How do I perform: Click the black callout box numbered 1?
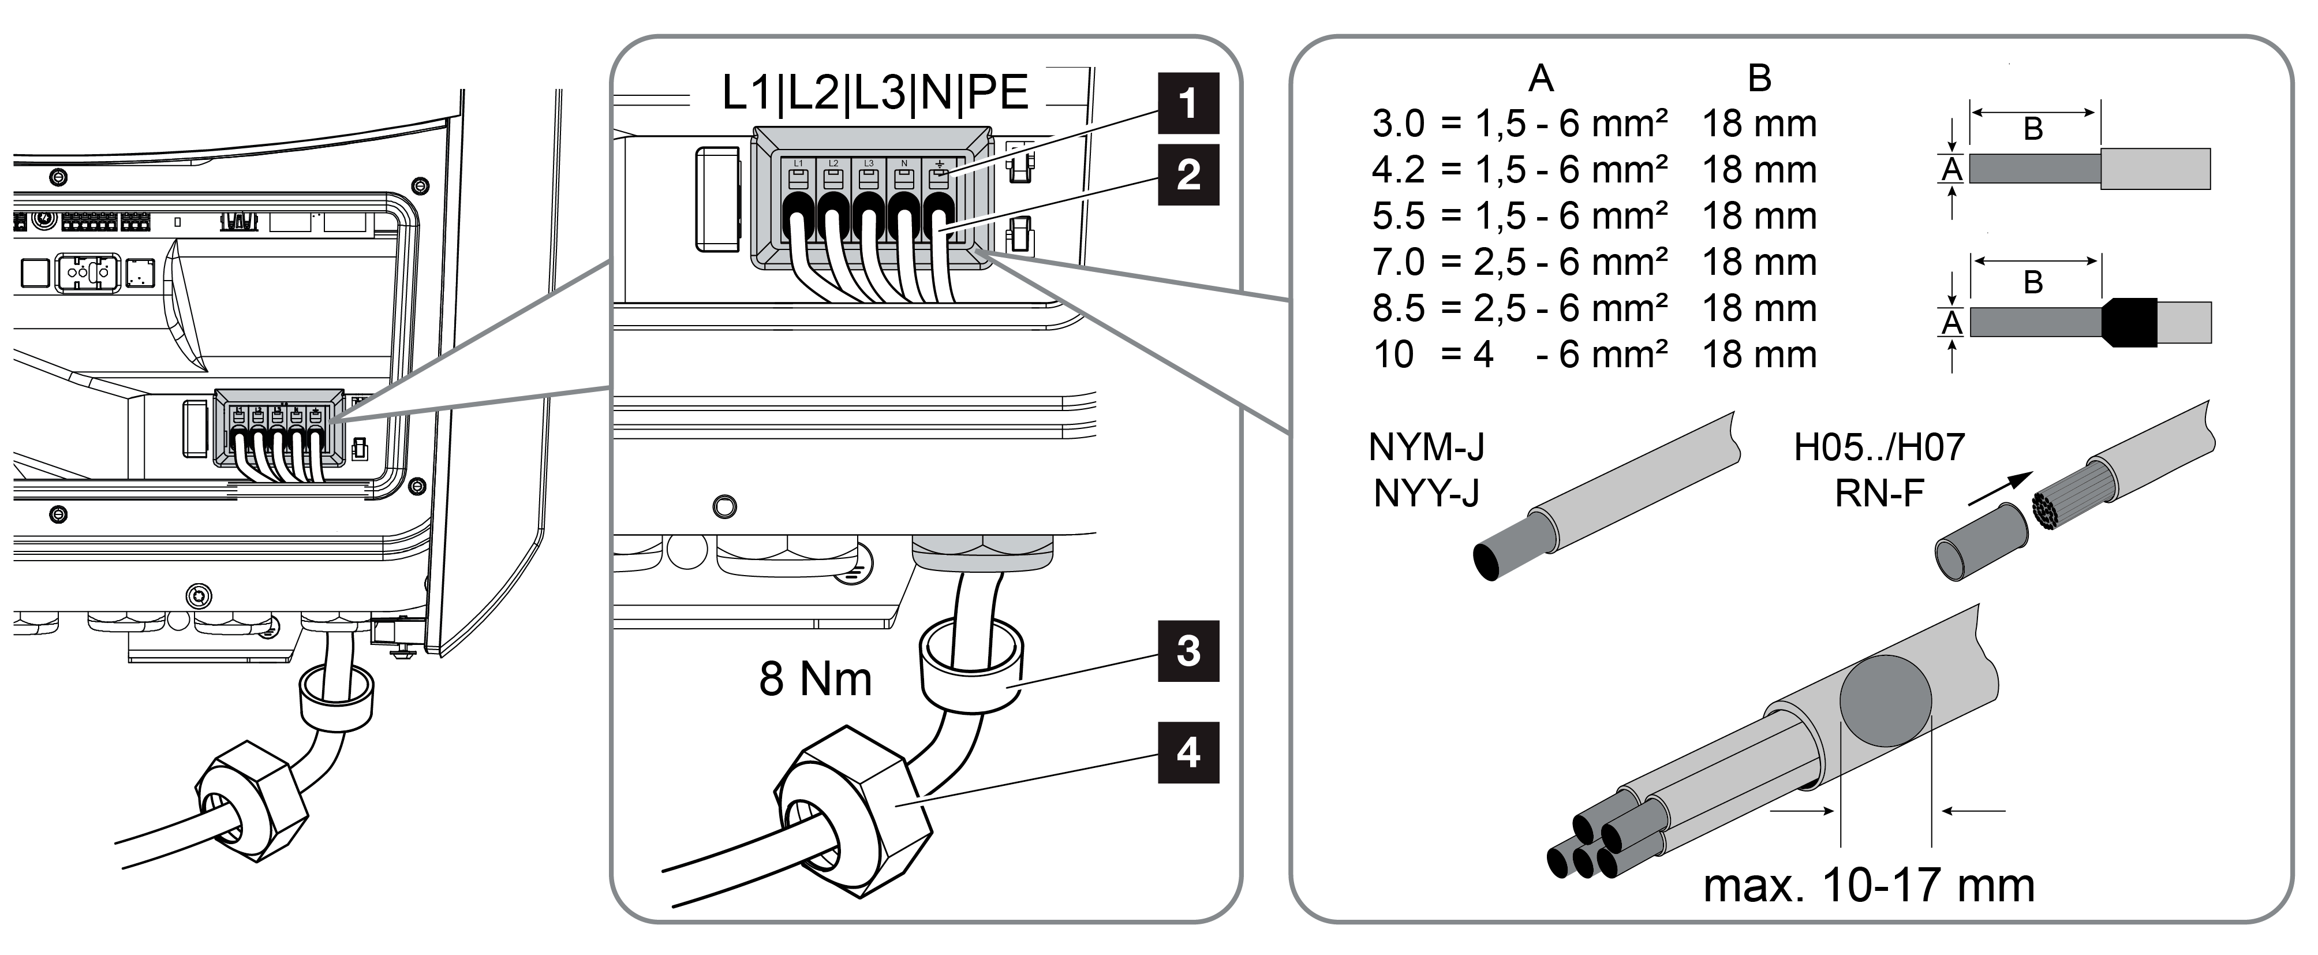[x=1188, y=103]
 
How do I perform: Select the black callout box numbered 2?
[x=1188, y=174]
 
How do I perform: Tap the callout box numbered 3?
[x=1188, y=651]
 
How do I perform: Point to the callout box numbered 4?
[x=1188, y=752]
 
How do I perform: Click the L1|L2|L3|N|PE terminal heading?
[x=874, y=93]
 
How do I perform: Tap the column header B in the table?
[x=1759, y=79]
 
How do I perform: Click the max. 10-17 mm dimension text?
[x=1869, y=886]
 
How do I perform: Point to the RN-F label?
[x=1879, y=493]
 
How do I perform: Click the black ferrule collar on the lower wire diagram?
[x=2129, y=322]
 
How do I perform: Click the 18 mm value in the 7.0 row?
[x=1759, y=262]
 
